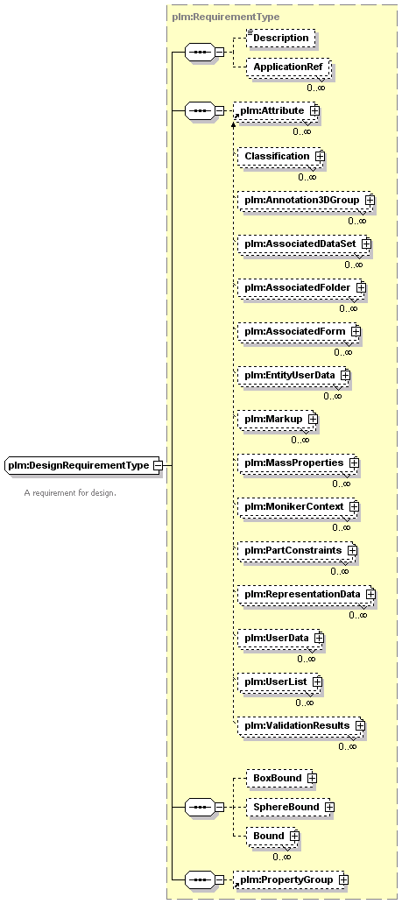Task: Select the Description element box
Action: point(281,38)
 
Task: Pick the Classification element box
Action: point(281,156)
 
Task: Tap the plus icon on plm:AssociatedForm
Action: point(356,331)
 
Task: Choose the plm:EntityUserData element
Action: point(294,375)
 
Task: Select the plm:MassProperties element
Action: point(299,463)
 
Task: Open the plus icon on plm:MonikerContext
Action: point(354,507)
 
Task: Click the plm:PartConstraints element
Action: point(298,551)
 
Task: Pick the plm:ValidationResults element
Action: point(301,725)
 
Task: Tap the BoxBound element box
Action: point(282,778)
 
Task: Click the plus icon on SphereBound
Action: point(328,807)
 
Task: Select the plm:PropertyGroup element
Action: point(291,879)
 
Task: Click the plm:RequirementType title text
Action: point(225,18)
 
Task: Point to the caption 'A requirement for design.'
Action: point(70,493)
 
